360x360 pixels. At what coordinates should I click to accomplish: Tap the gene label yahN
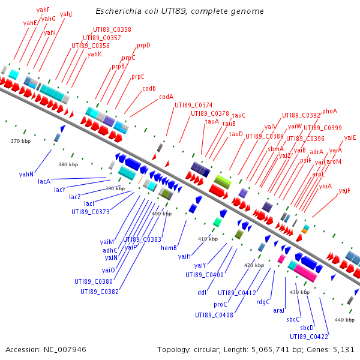[x=26, y=174]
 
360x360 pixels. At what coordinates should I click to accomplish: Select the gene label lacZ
[x=74, y=197]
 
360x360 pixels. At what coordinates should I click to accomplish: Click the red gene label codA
[x=166, y=97]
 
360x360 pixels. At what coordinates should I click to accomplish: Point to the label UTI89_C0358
[x=112, y=29]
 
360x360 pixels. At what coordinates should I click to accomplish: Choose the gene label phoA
[x=329, y=111]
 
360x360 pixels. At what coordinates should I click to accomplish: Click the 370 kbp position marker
[x=20, y=141]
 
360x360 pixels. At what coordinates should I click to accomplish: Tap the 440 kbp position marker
[x=344, y=320]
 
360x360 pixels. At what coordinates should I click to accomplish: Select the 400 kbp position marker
[x=161, y=214]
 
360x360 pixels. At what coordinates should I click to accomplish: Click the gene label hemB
[x=169, y=247]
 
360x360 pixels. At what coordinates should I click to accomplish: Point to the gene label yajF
[x=344, y=190]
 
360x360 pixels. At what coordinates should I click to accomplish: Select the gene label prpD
[x=143, y=45]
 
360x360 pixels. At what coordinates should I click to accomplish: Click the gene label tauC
[x=239, y=115]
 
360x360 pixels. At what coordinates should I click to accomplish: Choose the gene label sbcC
[x=293, y=319]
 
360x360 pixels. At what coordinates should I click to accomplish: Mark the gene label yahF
[x=43, y=10]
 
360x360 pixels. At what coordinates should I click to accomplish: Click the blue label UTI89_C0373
[x=91, y=211]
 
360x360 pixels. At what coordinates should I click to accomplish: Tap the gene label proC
[x=220, y=304]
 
